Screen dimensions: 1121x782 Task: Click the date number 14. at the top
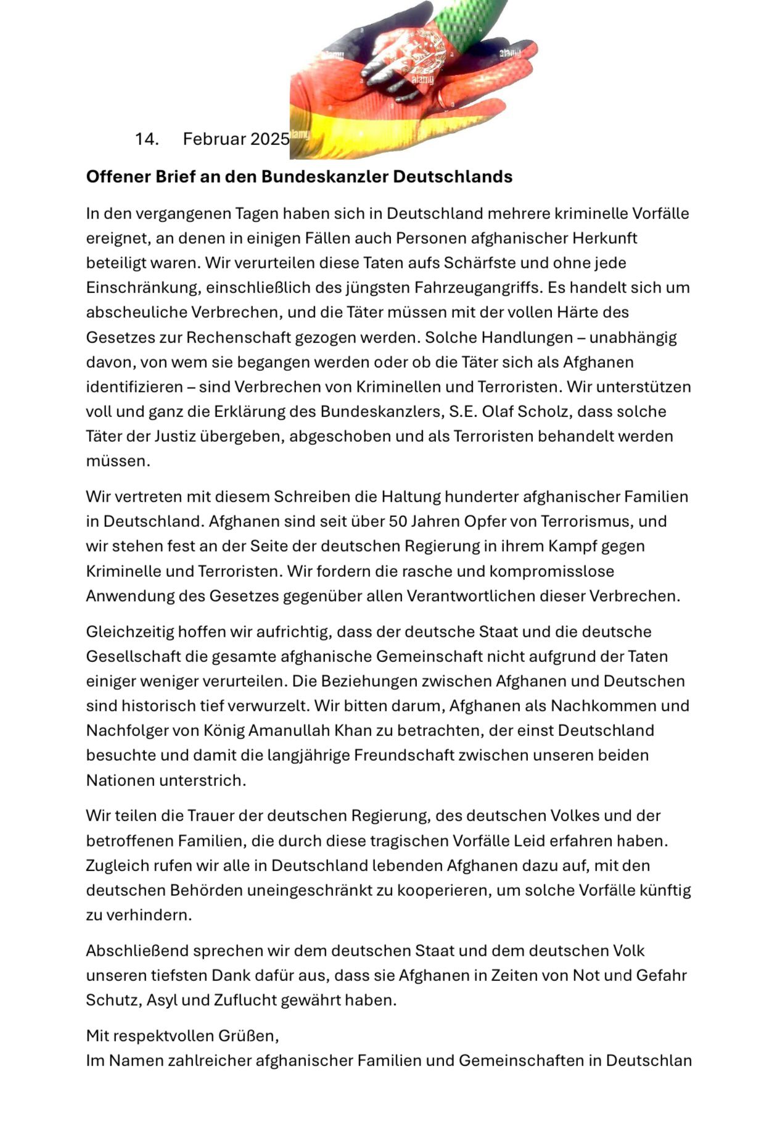[x=147, y=139]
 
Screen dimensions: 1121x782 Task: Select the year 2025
[x=270, y=139]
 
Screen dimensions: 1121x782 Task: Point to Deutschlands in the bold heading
[x=453, y=177]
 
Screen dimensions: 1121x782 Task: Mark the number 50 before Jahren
[x=397, y=521]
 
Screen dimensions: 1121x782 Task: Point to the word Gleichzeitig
[x=130, y=632]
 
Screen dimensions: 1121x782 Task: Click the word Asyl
[x=161, y=1000]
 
